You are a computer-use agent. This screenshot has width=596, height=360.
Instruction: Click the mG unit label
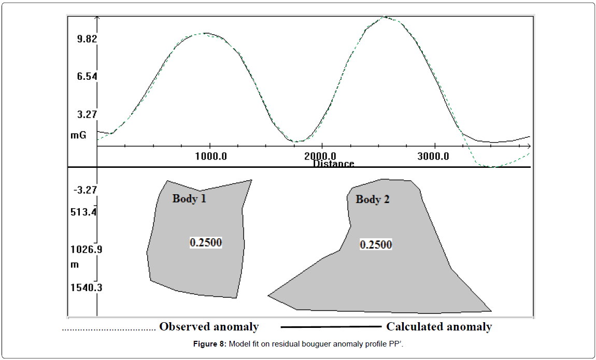tap(78, 135)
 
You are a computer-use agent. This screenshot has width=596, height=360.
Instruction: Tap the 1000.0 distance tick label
tap(209, 156)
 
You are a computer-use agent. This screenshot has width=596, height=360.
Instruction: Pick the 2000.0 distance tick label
tap(321, 156)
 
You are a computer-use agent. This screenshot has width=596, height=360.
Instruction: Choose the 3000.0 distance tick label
tap(434, 156)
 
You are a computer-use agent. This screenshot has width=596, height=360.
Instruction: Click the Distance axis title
tap(333, 164)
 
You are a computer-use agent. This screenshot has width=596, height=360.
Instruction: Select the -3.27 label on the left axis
tap(84, 190)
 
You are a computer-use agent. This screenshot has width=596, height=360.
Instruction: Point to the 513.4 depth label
tap(83, 212)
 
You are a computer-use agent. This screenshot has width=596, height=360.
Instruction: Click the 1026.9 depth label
tap(86, 250)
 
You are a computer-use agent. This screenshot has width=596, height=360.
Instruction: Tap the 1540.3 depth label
tap(86, 287)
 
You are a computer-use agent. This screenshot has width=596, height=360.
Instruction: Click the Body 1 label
tap(189, 198)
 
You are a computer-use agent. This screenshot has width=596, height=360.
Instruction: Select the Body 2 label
tap(372, 199)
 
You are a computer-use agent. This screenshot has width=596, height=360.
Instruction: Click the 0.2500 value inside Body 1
tap(206, 242)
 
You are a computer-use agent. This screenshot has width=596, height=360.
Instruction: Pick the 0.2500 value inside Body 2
tap(376, 244)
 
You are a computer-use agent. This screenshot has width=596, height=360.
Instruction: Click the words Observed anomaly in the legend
tap(208, 327)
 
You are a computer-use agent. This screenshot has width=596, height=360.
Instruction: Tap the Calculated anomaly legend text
tap(438, 327)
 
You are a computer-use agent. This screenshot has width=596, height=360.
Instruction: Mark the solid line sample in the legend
tap(331, 327)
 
